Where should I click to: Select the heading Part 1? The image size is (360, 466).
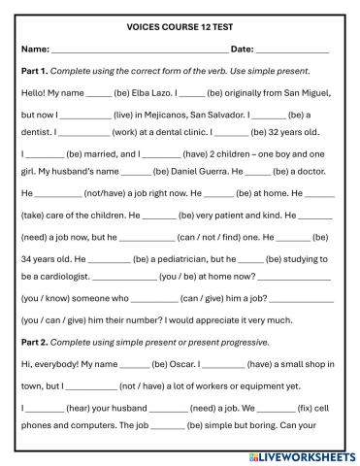[x=36, y=71]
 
